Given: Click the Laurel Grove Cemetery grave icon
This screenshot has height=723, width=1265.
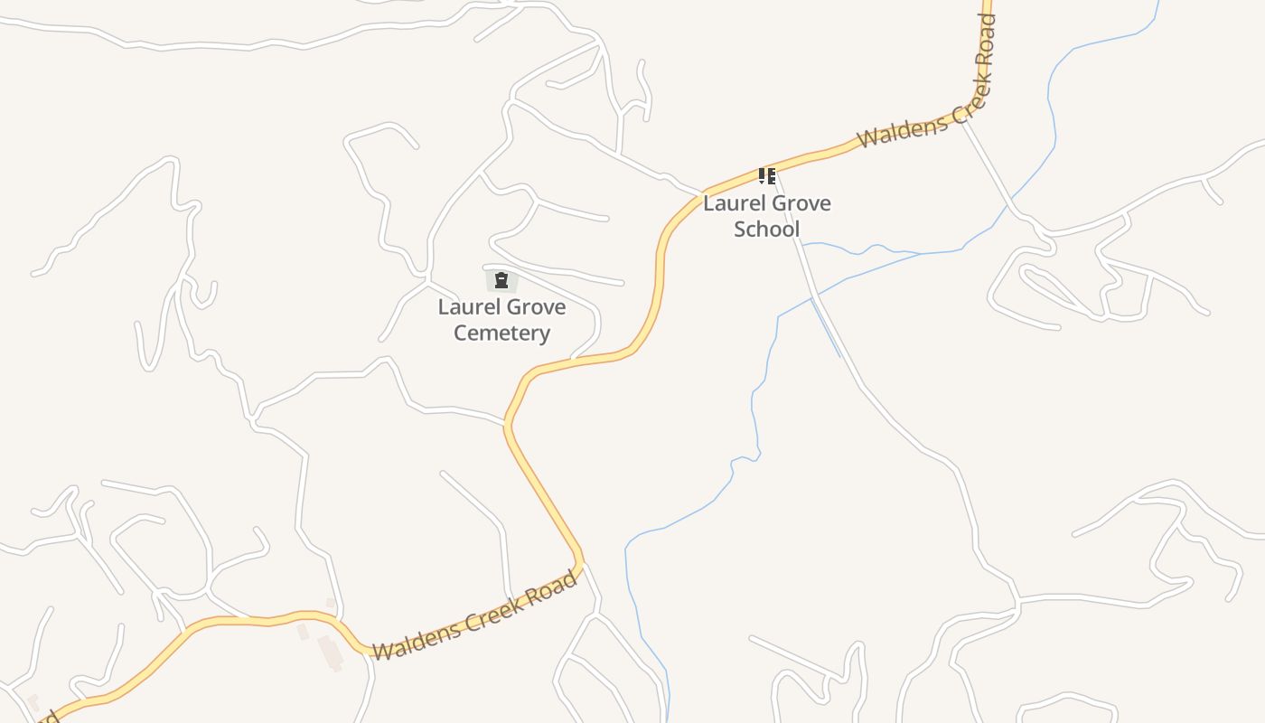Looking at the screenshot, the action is click(501, 280).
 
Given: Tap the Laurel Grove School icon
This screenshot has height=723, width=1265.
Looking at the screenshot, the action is click(766, 175).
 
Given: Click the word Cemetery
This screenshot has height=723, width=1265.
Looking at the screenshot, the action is click(501, 333).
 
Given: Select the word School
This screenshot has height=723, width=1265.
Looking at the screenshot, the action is click(766, 230).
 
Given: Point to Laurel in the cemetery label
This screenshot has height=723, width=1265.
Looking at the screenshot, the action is click(465, 307).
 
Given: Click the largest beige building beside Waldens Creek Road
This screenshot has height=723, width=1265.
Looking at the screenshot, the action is click(330, 653).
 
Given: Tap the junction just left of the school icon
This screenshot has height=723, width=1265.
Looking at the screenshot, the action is click(703, 192).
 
